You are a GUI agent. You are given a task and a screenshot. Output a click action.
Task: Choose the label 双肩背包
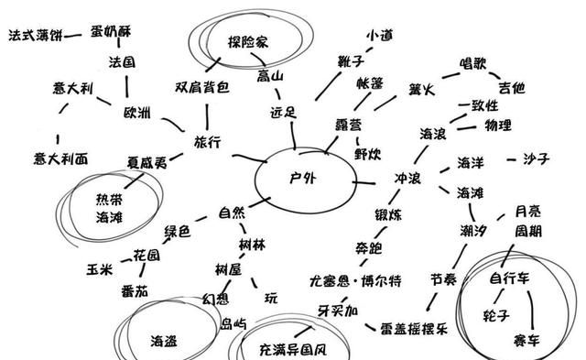[x=202, y=88]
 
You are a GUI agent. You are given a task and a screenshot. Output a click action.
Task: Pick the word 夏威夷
[x=147, y=163]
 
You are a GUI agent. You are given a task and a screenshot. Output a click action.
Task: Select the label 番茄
[x=134, y=290]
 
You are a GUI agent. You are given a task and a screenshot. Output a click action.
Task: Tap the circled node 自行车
[x=511, y=278]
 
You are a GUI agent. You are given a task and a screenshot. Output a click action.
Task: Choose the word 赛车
[x=524, y=340]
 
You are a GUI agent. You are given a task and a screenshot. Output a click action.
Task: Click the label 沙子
[x=536, y=159]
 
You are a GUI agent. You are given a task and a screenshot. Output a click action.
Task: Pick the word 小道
[x=379, y=35]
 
